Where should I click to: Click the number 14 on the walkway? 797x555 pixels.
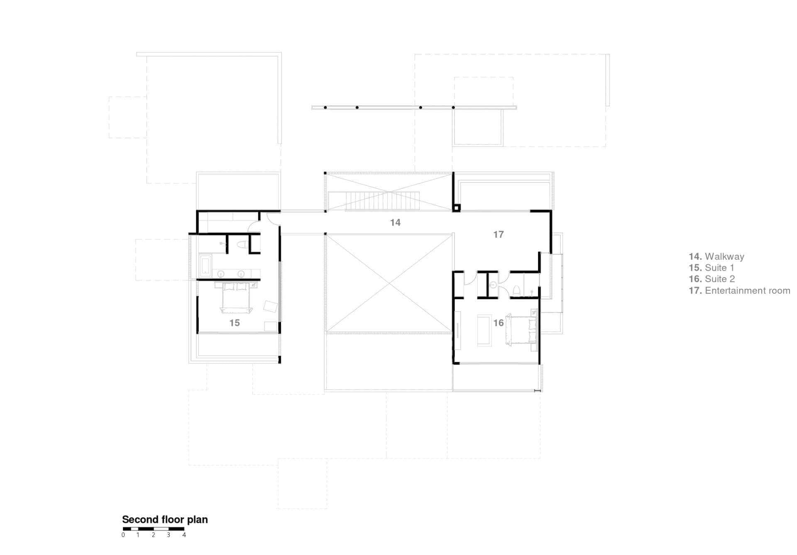395,223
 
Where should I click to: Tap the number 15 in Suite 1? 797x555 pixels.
235,323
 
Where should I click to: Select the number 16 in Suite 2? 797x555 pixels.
499,323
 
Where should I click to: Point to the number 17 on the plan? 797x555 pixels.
499,235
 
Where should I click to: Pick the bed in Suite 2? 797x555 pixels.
521,330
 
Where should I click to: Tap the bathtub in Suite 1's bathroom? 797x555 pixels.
205,266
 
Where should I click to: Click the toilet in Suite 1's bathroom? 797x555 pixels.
242,245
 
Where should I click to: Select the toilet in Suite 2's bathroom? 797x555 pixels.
517,290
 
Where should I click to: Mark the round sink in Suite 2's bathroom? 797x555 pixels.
493,285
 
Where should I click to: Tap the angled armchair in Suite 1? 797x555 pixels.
271,307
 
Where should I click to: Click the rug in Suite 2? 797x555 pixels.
484,331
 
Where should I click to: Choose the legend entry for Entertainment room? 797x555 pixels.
739,290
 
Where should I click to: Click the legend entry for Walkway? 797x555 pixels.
716,256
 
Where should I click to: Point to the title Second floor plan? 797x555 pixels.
165,519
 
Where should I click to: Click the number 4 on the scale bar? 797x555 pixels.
184,535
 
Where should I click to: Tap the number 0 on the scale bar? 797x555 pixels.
123,535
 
